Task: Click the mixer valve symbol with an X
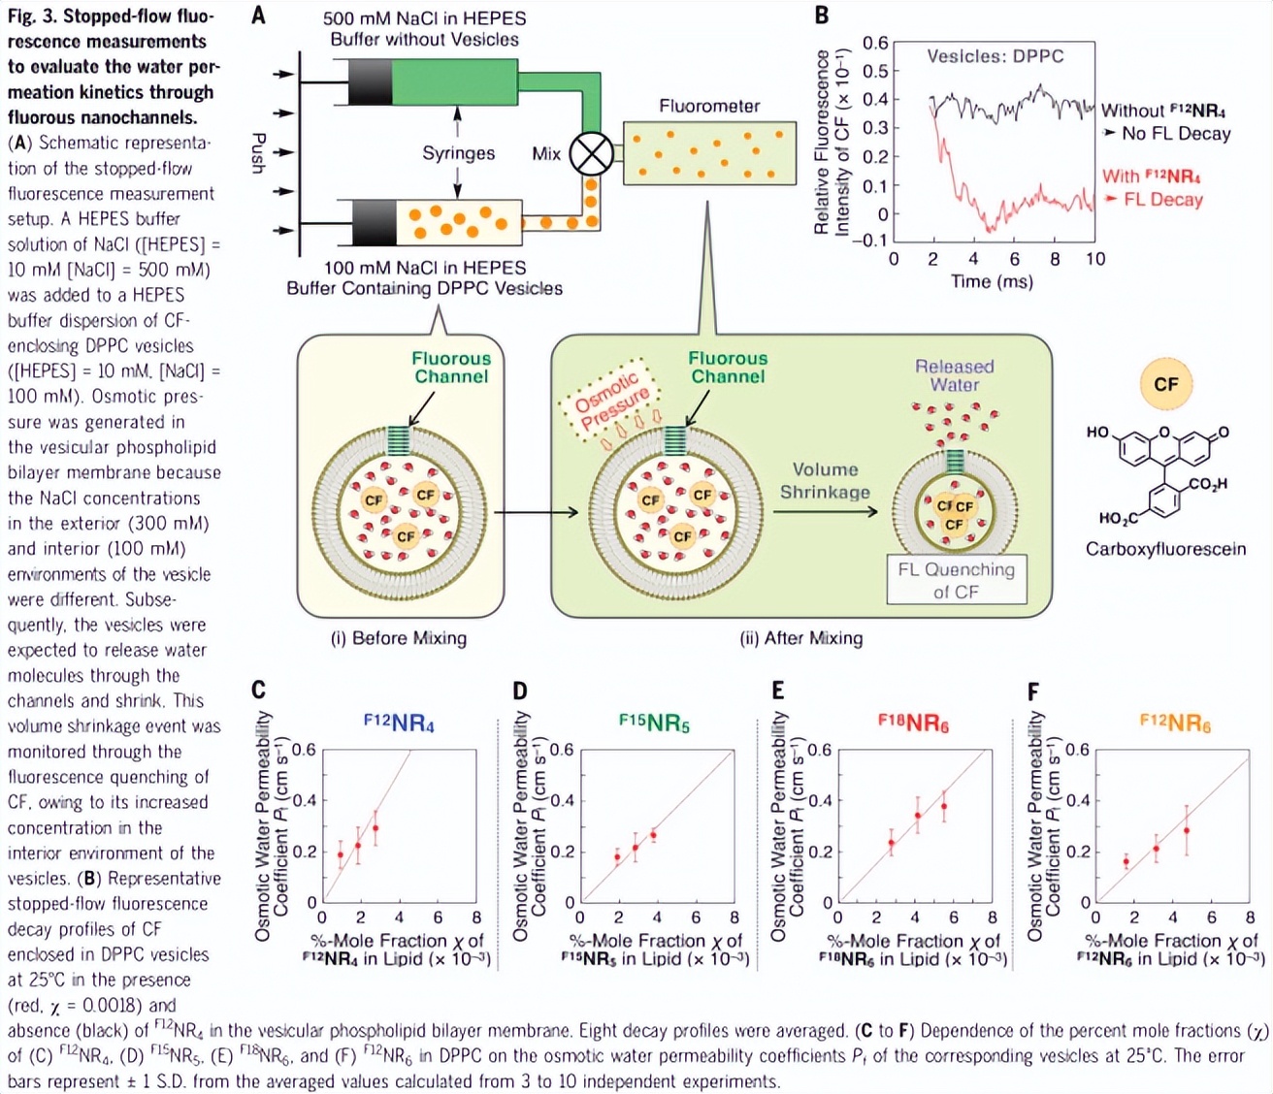pyautogui.click(x=590, y=152)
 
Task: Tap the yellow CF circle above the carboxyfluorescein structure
pyautogui.click(x=1165, y=384)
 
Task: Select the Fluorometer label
pyautogui.click(x=709, y=106)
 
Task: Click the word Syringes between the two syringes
pyautogui.click(x=458, y=153)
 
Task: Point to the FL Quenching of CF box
pyautogui.click(x=956, y=580)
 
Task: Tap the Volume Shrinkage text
pyautogui.click(x=825, y=480)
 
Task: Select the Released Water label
pyautogui.click(x=955, y=375)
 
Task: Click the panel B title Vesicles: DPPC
pyautogui.click(x=995, y=56)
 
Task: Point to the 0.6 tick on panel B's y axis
pyautogui.click(x=875, y=43)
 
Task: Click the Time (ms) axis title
pyautogui.click(x=992, y=281)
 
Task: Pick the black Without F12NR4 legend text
pyautogui.click(x=1162, y=111)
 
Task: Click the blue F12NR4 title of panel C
pyautogui.click(x=399, y=723)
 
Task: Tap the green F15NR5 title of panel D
pyautogui.click(x=654, y=723)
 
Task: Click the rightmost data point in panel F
pyautogui.click(x=1186, y=830)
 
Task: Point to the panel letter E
pyautogui.click(x=777, y=691)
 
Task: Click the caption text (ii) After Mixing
pyautogui.click(x=800, y=638)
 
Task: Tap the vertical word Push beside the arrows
pyautogui.click(x=258, y=153)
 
